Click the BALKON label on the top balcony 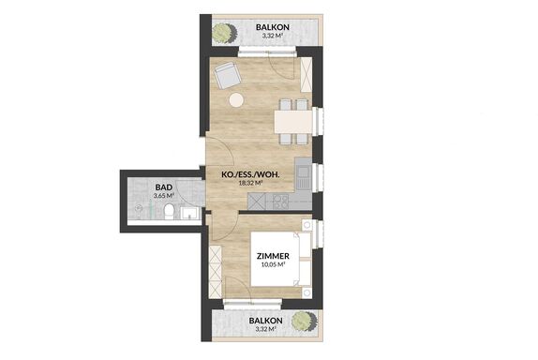coord(273,27)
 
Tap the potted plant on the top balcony coord(224,34)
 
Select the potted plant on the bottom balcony coord(304,321)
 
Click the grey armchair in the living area coord(228,75)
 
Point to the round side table coord(236,100)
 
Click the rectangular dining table coord(293,122)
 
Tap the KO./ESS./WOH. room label coord(250,175)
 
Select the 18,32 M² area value coord(250,183)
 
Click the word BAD coord(164,187)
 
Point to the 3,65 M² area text coord(164,196)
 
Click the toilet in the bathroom coord(169,211)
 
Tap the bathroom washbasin coord(189,213)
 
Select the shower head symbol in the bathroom coord(139,208)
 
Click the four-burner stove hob coord(281,202)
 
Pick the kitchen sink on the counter coord(303,178)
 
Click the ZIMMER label coord(273,256)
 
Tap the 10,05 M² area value coord(274,264)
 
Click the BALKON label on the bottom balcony coord(266,321)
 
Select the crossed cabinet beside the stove coord(257,202)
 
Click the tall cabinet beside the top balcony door coord(306,74)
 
